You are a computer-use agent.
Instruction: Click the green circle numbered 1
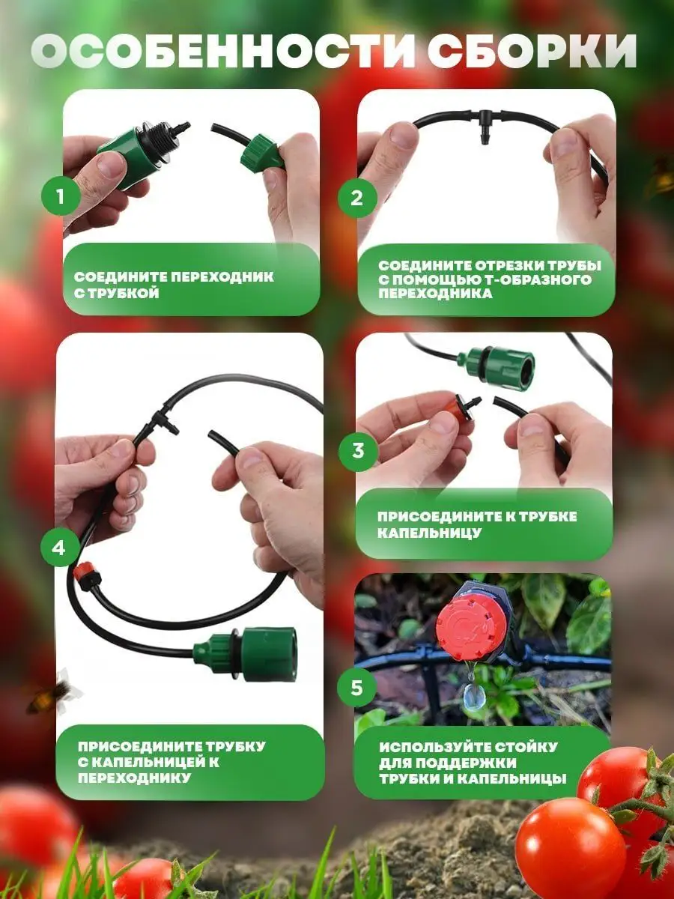pos(60,196)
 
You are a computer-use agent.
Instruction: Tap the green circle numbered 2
pos(356,198)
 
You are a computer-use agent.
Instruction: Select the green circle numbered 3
pos(358,450)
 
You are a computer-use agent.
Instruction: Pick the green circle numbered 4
pos(59,548)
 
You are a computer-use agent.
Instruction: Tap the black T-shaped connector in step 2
pos(486,126)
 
